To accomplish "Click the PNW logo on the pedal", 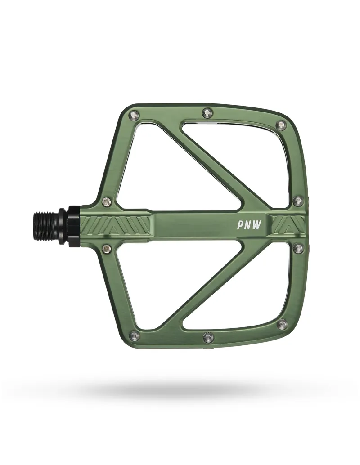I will pyautogui.click(x=250, y=224).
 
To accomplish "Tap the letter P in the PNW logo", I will pyautogui.click(x=241, y=224).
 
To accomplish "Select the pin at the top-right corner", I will pyautogui.click(x=281, y=125).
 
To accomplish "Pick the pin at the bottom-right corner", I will pyautogui.click(x=282, y=324).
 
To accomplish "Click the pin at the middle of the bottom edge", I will pyautogui.click(x=208, y=336).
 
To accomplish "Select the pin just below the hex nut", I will pyautogui.click(x=107, y=247).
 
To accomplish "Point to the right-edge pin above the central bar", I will pyautogui.click(x=297, y=200).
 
